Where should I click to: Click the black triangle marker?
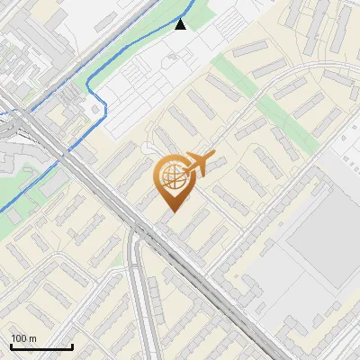(181, 24)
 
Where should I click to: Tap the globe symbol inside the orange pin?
(172, 177)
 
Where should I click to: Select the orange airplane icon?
(197, 166)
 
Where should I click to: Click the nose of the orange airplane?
(213, 156)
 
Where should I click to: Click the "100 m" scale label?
(24, 338)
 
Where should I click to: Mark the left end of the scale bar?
(11, 346)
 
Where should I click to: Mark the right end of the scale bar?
(72, 346)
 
